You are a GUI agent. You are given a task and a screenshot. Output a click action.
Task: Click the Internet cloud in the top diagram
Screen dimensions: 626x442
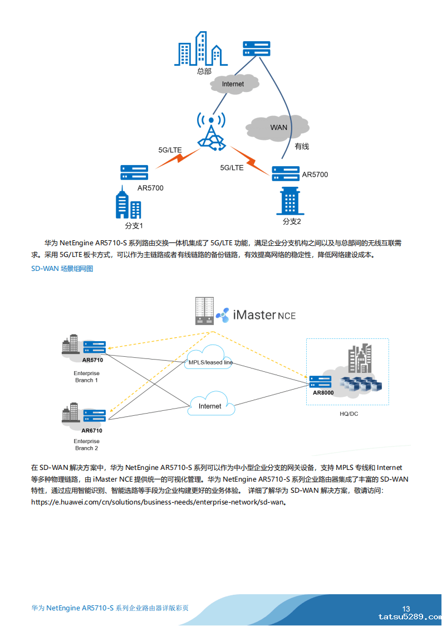[234, 84]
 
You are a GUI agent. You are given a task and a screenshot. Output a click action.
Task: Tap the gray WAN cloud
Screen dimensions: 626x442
[278, 128]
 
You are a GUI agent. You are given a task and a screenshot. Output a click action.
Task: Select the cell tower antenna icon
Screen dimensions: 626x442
[212, 132]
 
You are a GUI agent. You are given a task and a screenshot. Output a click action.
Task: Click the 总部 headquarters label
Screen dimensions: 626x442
[204, 71]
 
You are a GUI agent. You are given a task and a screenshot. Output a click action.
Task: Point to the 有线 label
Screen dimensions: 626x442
[302, 146]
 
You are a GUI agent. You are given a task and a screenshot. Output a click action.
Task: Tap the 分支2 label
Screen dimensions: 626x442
[291, 221]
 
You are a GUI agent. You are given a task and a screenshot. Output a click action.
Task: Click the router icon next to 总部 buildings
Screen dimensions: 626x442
[257, 48]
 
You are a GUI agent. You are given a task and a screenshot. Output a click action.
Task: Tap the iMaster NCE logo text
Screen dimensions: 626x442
[264, 315]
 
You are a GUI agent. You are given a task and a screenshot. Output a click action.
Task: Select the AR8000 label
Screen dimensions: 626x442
[323, 393]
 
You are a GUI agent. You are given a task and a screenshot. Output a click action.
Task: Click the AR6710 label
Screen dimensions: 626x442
[92, 430]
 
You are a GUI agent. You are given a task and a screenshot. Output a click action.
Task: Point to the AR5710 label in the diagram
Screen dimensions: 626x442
[92, 360]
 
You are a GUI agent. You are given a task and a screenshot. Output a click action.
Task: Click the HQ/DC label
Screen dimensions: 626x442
[349, 414]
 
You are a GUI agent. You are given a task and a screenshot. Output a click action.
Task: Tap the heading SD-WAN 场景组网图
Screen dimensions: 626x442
[62, 269]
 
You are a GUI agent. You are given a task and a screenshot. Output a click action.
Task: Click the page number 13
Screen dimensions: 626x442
[406, 609]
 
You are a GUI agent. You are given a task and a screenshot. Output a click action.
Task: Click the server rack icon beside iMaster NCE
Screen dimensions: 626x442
[204, 310]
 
